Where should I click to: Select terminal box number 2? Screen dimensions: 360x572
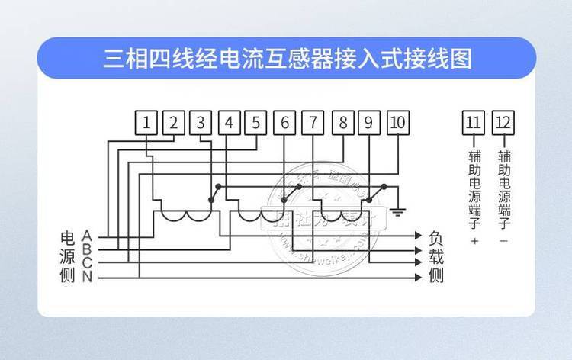pos(174,122)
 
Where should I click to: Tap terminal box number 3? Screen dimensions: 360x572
pos(201,122)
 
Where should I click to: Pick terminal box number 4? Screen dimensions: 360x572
pos(230,122)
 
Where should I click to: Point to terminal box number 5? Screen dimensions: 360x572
pos(256,122)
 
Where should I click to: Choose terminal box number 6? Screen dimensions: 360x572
pos(284,122)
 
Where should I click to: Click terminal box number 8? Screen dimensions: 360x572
pos(342,122)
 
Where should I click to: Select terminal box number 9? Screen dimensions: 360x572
pos(369,122)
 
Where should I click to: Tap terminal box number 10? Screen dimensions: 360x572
pos(397,122)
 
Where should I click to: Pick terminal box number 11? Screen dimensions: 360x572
pos(474,122)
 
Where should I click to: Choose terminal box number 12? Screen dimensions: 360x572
pos(503,122)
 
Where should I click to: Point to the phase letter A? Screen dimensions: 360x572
pos(87,234)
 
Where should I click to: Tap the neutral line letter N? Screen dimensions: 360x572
pos(87,277)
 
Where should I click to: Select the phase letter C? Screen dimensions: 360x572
pos(87,263)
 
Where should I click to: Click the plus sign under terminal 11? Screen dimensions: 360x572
pos(474,242)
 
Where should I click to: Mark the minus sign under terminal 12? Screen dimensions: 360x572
pos(503,240)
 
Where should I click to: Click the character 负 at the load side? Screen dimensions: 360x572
pos(436,236)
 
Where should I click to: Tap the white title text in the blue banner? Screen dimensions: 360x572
pos(287,59)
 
